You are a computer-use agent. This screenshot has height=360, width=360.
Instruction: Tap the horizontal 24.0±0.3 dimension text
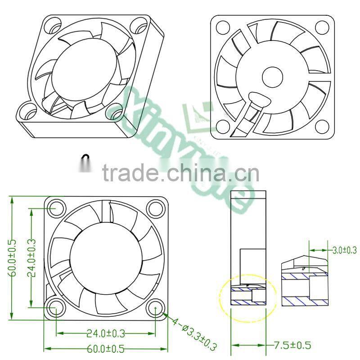click(105, 333)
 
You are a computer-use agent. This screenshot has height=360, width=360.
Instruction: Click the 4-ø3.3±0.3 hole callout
click(193, 333)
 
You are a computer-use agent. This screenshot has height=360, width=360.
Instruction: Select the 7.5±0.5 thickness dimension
click(292, 346)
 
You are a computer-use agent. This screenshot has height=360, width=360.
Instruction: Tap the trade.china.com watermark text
click(180, 173)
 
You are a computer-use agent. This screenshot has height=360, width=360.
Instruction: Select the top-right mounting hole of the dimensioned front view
click(155, 208)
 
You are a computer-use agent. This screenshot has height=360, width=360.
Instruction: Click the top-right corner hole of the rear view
click(322, 27)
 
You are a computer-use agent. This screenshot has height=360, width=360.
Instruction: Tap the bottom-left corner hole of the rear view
click(223, 126)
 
